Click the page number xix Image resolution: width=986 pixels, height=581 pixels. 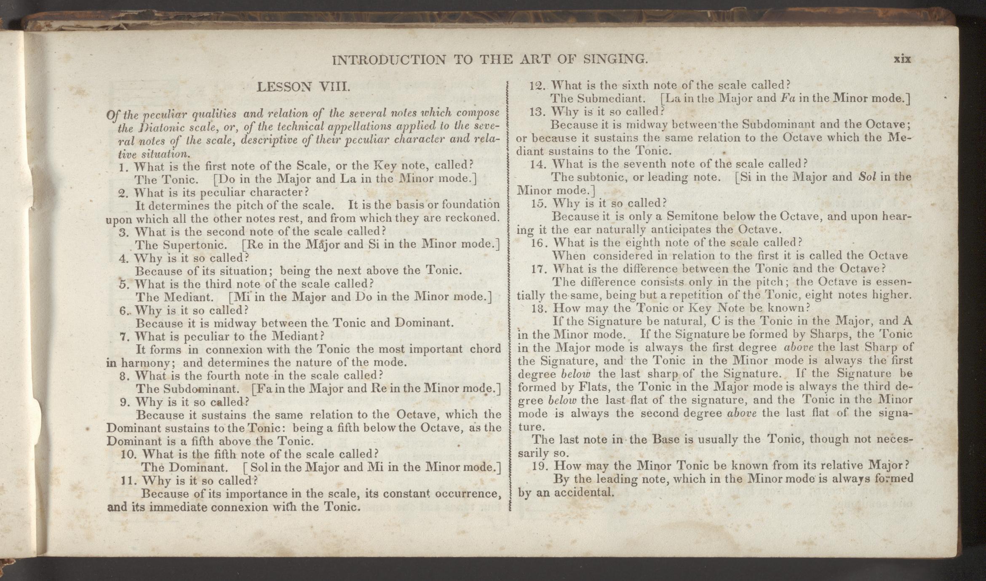click(902, 59)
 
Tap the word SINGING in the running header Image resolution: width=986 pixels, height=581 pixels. click(615, 59)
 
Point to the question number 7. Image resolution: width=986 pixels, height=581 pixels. click(123, 337)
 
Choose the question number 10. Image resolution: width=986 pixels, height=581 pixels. click(127, 455)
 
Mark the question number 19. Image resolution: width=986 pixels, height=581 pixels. click(539, 466)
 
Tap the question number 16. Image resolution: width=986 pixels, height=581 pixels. click(538, 243)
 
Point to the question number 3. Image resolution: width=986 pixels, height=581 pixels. click(123, 232)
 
